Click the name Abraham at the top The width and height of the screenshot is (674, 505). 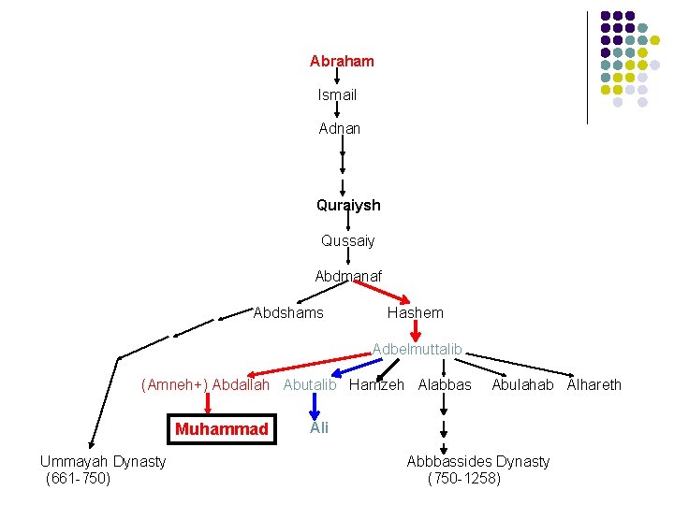[x=342, y=61]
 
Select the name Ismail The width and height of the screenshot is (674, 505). [x=337, y=94]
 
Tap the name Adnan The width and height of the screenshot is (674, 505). [x=339, y=128]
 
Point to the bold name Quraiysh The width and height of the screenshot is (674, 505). [x=348, y=205]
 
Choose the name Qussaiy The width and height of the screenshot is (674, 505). [x=347, y=240]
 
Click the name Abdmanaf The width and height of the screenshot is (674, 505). [x=348, y=276]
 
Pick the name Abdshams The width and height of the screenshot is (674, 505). [x=288, y=312]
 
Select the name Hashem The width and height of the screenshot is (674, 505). [x=416, y=312]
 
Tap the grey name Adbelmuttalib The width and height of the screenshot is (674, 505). [x=418, y=349]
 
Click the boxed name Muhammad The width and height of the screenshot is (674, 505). [x=221, y=429]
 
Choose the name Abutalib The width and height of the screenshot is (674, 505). [x=310, y=384]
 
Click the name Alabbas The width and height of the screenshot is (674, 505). [x=445, y=384]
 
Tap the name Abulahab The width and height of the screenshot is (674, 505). [x=522, y=384]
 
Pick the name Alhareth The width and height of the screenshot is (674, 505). [x=593, y=384]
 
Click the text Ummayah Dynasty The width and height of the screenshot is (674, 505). [x=103, y=461]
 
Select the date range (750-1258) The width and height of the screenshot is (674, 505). [x=463, y=479]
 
